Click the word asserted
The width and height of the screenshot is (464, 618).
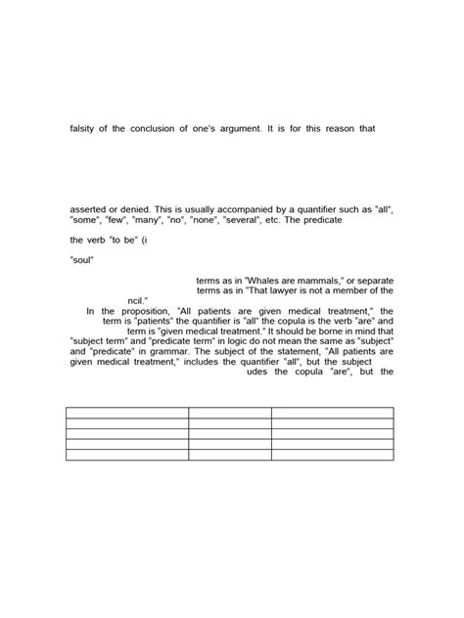coord(89,209)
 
